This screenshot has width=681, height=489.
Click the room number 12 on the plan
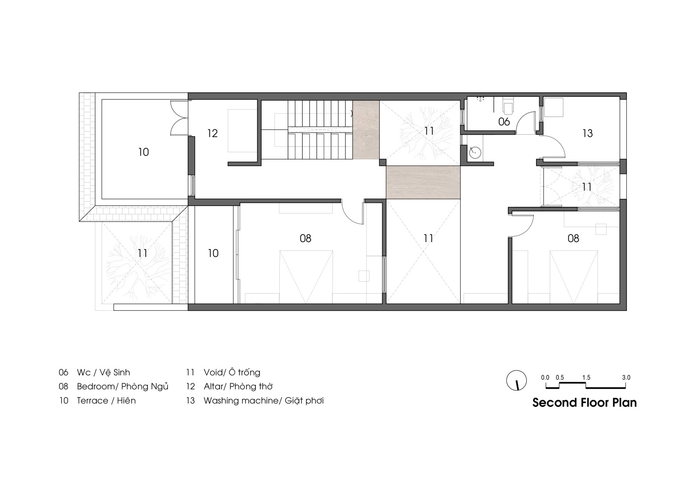(x=212, y=133)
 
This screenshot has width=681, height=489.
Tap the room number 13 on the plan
(x=587, y=133)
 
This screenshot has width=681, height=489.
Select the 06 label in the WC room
(x=504, y=122)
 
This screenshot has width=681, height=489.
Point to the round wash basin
(x=475, y=152)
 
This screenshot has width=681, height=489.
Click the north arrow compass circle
(x=516, y=380)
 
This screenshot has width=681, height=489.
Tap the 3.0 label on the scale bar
(x=626, y=378)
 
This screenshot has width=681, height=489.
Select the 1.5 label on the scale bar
(x=586, y=378)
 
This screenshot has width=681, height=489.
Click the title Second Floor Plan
(x=585, y=403)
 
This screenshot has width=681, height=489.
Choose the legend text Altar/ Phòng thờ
(x=238, y=386)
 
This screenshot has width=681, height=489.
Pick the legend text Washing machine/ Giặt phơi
(x=263, y=401)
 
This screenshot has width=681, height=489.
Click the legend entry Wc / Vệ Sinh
(x=104, y=372)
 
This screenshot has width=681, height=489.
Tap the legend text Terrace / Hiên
(x=106, y=401)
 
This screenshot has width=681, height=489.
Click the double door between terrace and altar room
(x=179, y=118)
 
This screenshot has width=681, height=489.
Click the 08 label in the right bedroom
(x=574, y=239)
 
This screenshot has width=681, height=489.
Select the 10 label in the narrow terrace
(x=213, y=254)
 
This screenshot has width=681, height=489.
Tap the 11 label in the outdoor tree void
(x=142, y=254)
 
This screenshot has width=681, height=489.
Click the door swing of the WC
(x=526, y=122)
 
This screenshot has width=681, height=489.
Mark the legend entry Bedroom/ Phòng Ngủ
(x=122, y=386)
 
